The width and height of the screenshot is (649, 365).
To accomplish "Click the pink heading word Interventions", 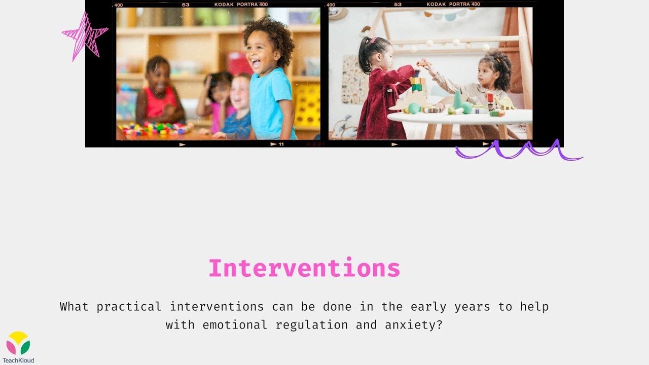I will pos(304,268).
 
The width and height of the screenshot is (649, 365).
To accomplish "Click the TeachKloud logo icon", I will pos(18,343).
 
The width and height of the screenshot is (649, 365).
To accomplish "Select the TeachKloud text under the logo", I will pos(18,360).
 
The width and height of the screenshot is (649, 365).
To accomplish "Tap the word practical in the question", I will pos(129,307).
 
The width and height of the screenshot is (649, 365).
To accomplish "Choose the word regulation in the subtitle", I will pos(312,325).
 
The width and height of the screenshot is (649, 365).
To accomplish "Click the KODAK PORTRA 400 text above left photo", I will pos(241,5).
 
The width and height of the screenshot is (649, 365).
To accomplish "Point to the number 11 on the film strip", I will pos(281,144).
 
